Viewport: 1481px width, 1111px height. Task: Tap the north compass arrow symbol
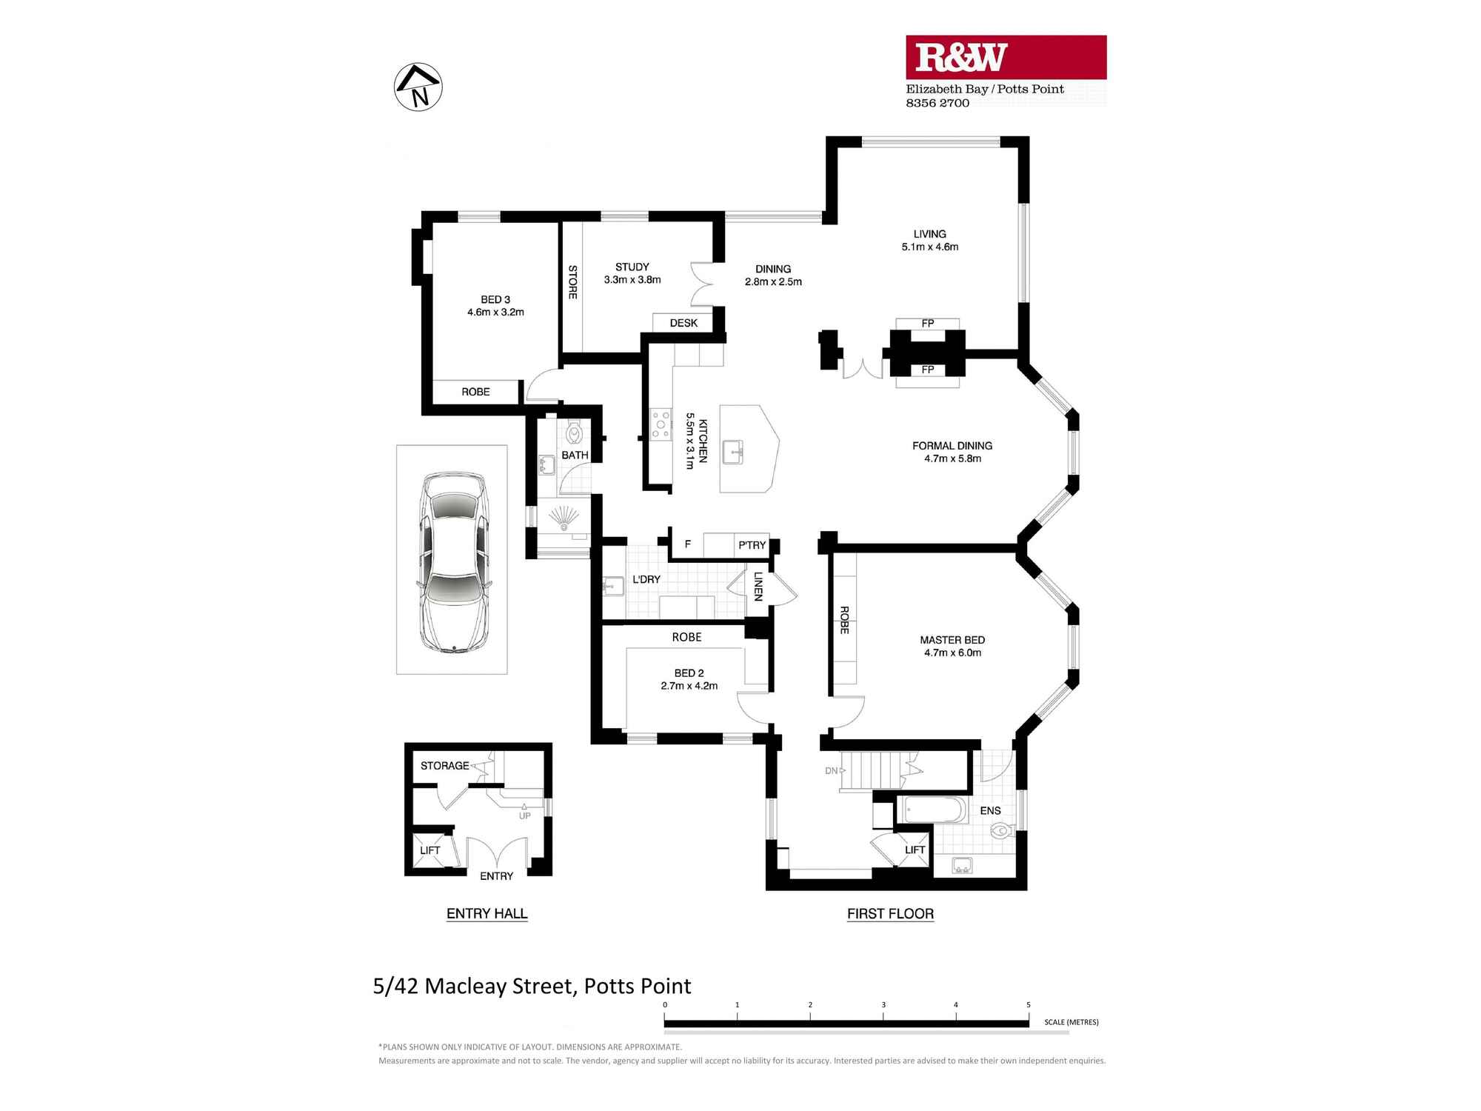click(418, 87)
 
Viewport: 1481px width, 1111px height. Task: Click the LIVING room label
click(929, 234)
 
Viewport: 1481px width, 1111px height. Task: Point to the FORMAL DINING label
click(952, 446)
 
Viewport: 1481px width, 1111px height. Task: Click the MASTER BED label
click(952, 640)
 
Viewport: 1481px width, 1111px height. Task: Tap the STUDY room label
click(632, 267)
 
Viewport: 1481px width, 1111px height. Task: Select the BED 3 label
click(495, 300)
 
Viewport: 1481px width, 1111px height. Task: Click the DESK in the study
click(683, 323)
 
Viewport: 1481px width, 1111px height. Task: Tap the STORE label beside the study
click(572, 282)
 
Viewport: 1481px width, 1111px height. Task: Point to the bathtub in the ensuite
click(932, 810)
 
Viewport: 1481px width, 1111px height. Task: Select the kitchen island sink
click(734, 451)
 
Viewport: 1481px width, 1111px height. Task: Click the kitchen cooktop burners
click(661, 425)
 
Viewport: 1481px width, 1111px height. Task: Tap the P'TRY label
click(752, 545)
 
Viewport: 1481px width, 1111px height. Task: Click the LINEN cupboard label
click(758, 586)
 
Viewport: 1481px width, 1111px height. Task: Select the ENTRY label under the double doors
click(496, 876)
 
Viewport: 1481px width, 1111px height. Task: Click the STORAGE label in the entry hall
click(444, 766)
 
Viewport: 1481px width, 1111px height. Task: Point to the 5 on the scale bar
click(1029, 1005)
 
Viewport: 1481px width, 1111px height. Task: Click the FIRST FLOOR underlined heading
click(890, 914)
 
